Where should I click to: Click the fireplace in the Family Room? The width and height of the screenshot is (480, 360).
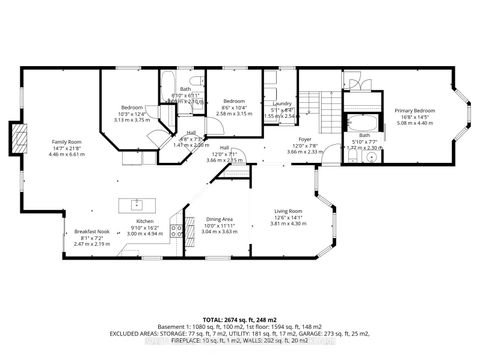pos(15,137)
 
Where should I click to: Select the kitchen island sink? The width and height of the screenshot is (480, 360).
pos(136,203)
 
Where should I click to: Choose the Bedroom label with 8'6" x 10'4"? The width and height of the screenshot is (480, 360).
pos(234,101)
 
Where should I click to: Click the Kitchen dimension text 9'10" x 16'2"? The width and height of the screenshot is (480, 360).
pos(144,228)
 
